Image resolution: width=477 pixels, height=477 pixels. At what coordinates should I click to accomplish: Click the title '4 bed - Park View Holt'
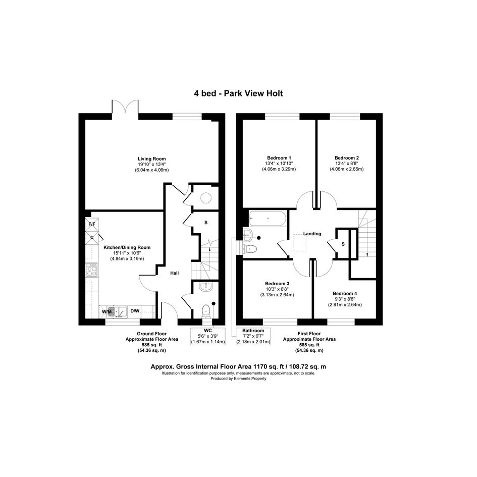[x=238, y=93]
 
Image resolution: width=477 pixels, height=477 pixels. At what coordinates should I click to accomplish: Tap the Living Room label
[x=152, y=159]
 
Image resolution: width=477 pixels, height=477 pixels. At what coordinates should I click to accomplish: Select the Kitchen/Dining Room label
[x=127, y=247]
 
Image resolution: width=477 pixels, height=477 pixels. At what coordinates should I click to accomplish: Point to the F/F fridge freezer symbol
[x=92, y=224]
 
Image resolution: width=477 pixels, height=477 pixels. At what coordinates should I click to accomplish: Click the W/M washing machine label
[x=107, y=311]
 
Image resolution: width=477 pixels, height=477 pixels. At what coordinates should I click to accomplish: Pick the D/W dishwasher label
[x=135, y=311]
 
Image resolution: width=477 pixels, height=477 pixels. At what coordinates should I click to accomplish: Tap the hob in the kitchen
[x=92, y=270]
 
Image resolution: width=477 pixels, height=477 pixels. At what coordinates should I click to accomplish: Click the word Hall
[x=175, y=273]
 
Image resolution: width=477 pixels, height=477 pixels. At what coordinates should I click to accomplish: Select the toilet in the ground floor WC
[x=206, y=311]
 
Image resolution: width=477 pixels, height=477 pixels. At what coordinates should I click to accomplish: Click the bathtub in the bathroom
[x=268, y=219]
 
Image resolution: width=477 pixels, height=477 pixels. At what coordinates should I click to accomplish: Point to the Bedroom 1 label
[x=279, y=158]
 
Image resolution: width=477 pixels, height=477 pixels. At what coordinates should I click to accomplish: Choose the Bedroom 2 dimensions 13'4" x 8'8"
[x=347, y=164]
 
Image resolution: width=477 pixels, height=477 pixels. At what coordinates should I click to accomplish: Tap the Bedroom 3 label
[x=277, y=284]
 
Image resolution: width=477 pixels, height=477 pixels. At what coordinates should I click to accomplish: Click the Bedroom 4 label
[x=345, y=294]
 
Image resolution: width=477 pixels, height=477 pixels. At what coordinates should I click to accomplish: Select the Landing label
[x=312, y=234]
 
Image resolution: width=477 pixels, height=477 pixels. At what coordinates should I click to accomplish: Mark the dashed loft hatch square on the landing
[x=300, y=243]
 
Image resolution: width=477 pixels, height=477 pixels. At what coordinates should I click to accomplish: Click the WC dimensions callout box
[x=208, y=337]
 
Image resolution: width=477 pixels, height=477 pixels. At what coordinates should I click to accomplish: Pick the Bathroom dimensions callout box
[x=253, y=337]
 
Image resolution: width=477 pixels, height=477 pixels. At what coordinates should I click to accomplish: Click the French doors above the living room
[x=125, y=107]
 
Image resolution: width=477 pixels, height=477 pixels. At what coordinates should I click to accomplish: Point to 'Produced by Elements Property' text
[x=238, y=379]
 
